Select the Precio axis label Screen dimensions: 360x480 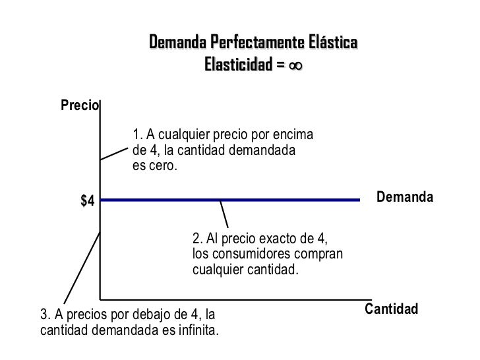click(x=79, y=105)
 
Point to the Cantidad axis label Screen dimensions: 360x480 click(x=392, y=309)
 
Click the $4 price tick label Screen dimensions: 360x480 click(x=87, y=201)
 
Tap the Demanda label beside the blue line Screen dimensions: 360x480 click(x=404, y=197)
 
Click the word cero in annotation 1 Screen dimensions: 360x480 click(x=163, y=166)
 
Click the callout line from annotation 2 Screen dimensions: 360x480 click(x=224, y=213)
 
